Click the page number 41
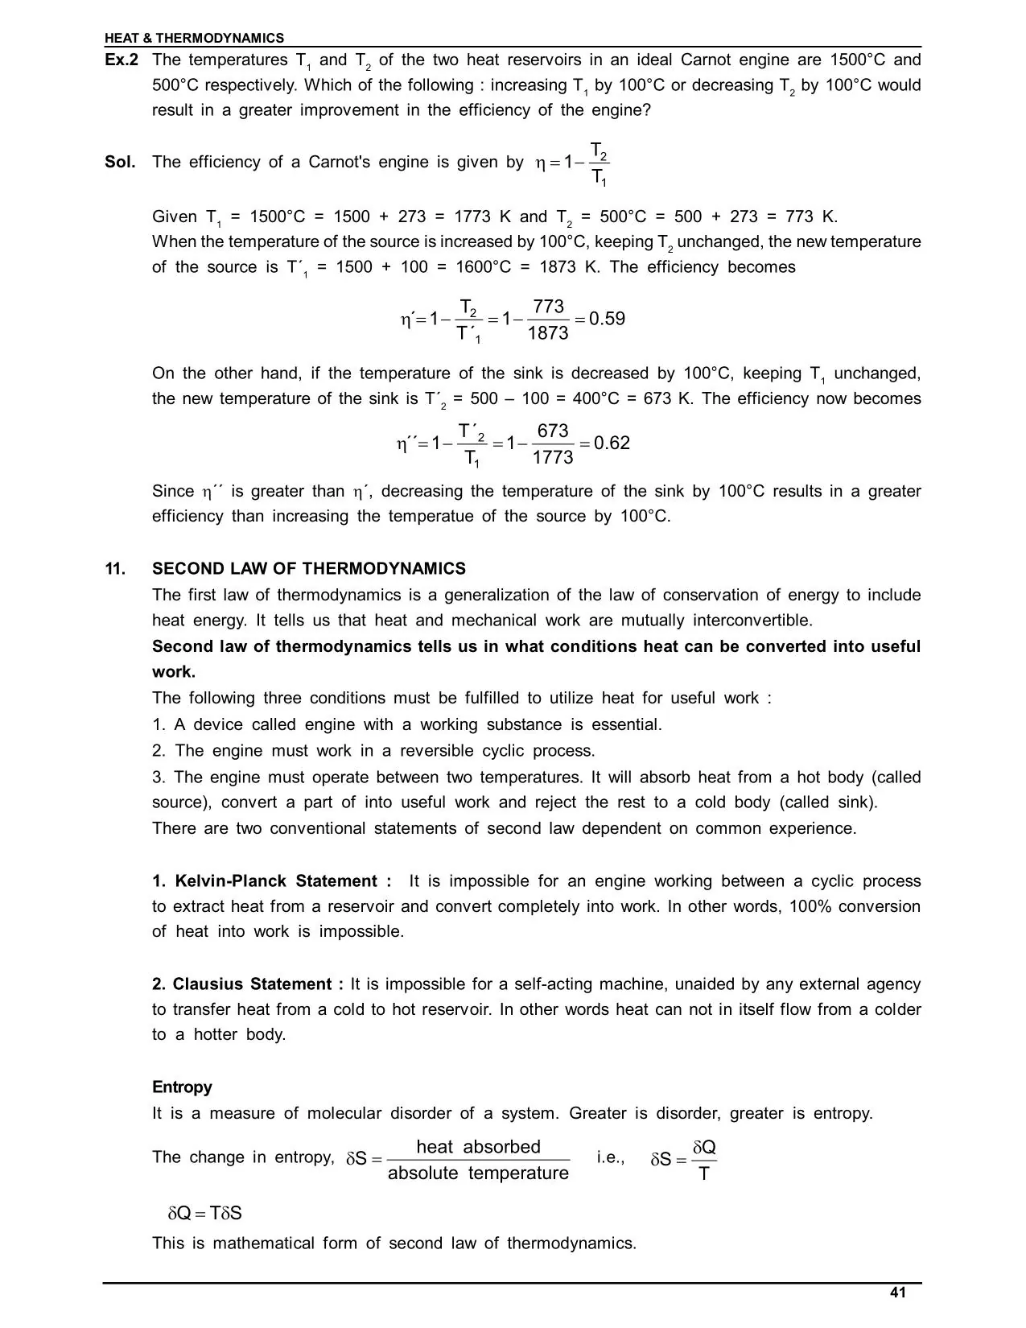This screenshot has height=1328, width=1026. (x=898, y=1293)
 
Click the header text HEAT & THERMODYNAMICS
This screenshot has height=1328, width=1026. (x=194, y=38)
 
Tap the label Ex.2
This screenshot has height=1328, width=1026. (x=122, y=60)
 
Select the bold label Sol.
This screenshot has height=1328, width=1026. (x=120, y=162)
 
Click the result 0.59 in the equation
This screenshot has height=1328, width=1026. (x=607, y=319)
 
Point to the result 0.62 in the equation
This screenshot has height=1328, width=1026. (x=612, y=443)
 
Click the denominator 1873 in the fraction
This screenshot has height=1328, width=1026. (x=548, y=333)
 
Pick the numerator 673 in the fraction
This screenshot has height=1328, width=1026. (x=553, y=431)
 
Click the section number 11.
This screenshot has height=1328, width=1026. (x=115, y=569)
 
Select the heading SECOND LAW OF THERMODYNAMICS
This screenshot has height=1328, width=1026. (x=309, y=569)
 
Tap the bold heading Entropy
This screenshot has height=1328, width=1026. (x=182, y=1087)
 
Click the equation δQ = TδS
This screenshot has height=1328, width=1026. (x=204, y=1213)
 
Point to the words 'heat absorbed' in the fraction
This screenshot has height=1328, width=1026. (x=478, y=1147)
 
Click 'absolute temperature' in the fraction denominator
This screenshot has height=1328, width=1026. (x=478, y=1173)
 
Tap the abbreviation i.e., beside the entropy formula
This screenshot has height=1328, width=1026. (x=611, y=1157)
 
